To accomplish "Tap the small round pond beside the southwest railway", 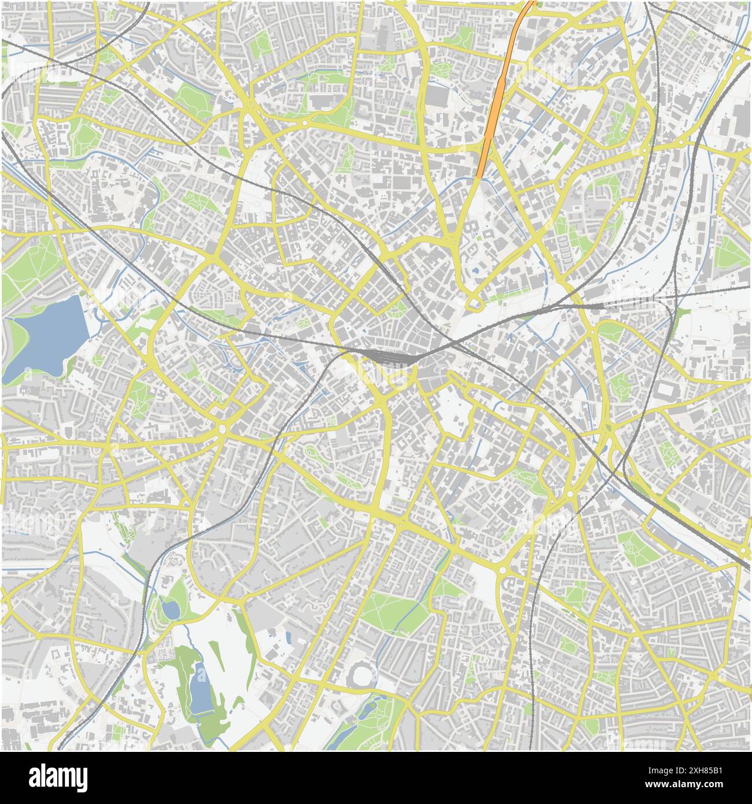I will coord(170,608).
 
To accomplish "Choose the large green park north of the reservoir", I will coord(32,260).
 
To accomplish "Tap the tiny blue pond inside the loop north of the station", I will coord(475,270).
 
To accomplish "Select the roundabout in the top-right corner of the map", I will coord(740,58).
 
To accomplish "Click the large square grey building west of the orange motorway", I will coord(438,96).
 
